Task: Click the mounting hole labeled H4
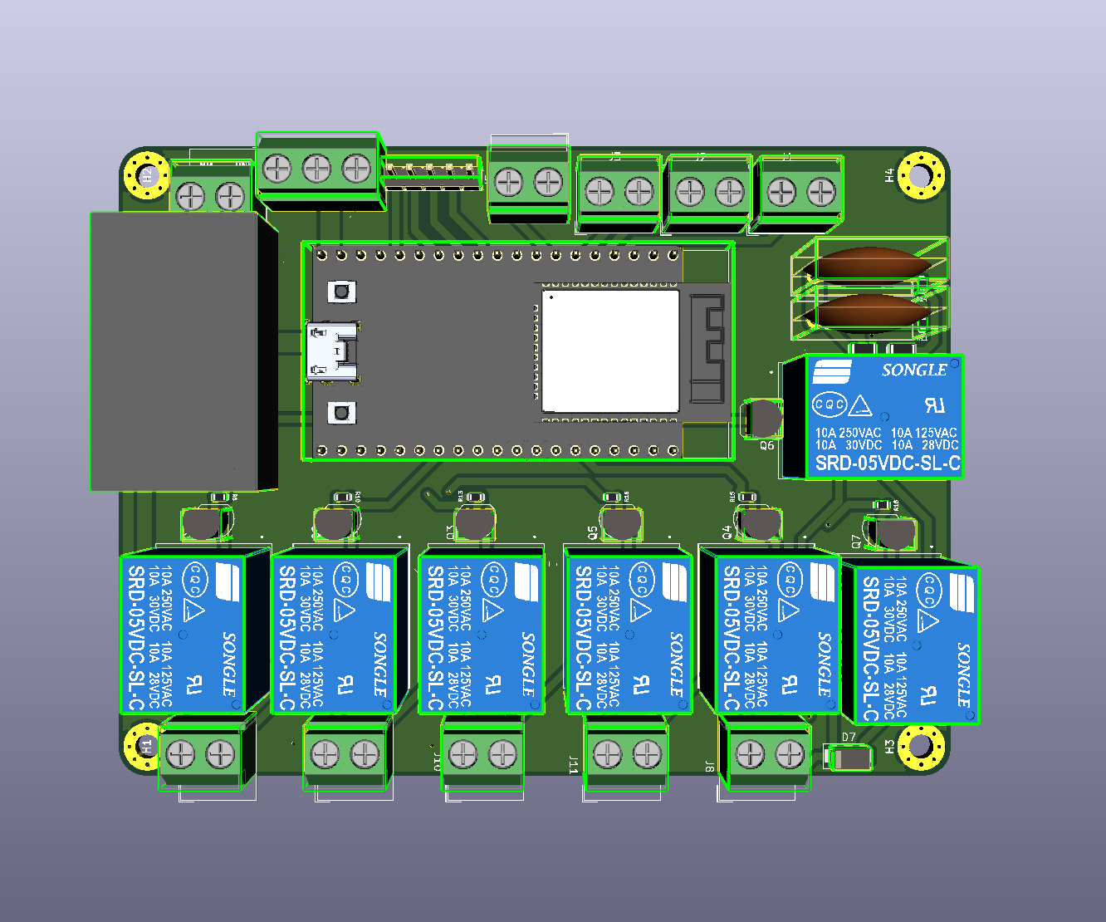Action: click(921, 175)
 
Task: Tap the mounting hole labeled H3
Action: click(920, 746)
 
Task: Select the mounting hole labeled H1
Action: click(144, 745)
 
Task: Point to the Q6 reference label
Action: click(766, 446)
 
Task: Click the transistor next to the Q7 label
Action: click(893, 534)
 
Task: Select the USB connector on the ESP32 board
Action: click(333, 352)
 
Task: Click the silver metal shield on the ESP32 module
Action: click(610, 351)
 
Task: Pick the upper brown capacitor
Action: click(872, 265)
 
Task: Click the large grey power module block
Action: click(174, 351)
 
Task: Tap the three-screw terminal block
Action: click(317, 170)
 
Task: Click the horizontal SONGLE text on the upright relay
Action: click(914, 370)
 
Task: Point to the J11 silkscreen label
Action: click(573, 765)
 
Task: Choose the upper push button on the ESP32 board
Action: click(340, 291)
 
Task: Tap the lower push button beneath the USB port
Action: click(340, 413)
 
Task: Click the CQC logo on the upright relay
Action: click(829, 405)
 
